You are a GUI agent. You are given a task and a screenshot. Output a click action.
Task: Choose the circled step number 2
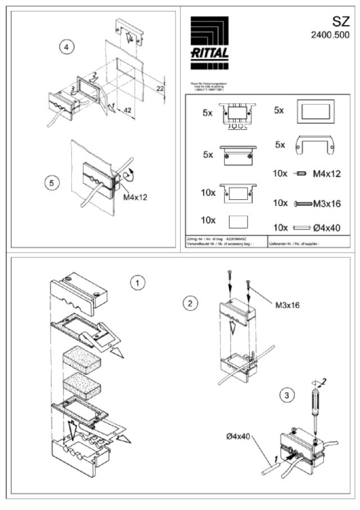[190, 303]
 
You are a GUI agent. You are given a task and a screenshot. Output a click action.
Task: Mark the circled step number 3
[287, 395]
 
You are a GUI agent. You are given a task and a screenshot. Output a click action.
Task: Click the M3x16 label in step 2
[289, 305]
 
